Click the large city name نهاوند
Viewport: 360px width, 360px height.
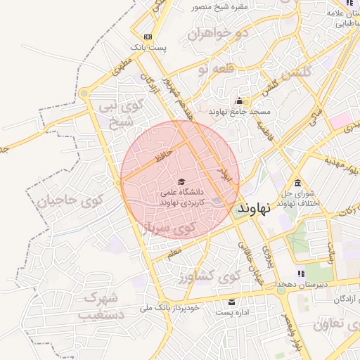258,208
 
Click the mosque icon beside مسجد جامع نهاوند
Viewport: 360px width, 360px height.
239,101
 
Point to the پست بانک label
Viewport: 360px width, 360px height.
148,48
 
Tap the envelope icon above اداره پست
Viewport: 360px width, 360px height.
231,302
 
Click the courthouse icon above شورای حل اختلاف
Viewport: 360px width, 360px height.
298,184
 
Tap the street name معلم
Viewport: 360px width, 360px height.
174,250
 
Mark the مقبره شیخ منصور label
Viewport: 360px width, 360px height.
224,7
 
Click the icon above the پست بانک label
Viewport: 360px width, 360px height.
148,37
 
